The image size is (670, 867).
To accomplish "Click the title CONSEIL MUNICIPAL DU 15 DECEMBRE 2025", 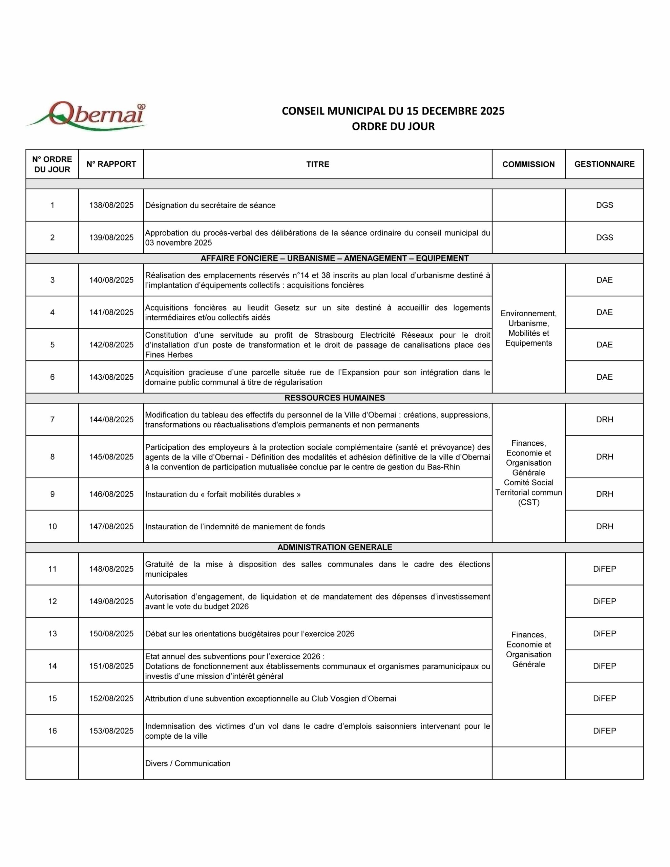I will point(393,111).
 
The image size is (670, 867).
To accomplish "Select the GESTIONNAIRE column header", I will point(604,164).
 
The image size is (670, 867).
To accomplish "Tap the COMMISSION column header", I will point(528,164).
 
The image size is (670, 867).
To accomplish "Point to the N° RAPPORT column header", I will point(111,164).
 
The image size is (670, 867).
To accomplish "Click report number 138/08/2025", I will point(111,205).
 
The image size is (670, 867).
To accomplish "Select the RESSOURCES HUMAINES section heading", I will point(334,398).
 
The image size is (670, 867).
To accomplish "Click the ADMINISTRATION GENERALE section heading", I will point(334,547).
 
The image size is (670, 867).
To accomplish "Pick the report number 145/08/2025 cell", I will point(111,457).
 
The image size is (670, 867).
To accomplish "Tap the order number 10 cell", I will point(53,526).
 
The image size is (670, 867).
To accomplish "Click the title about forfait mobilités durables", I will point(223,494).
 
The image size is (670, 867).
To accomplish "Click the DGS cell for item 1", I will point(604,205).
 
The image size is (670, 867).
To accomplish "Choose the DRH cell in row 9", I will point(604,494).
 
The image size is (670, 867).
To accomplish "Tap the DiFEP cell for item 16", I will point(604,731).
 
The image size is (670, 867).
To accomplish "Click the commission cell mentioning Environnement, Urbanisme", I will point(528,328).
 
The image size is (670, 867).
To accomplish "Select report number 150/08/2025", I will point(111,634).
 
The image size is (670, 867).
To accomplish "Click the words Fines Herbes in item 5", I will point(169,355).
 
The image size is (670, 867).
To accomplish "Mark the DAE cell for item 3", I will point(604,280).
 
